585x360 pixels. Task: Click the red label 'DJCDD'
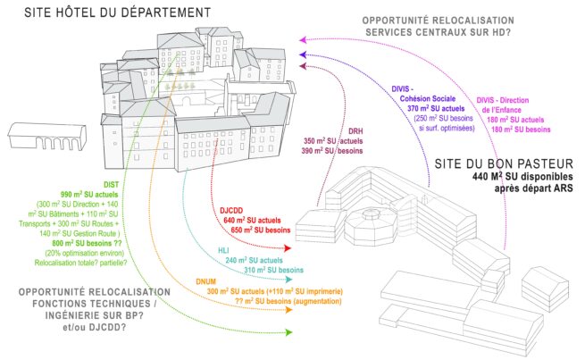[233, 210]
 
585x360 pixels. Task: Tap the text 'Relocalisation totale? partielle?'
[71, 262]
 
